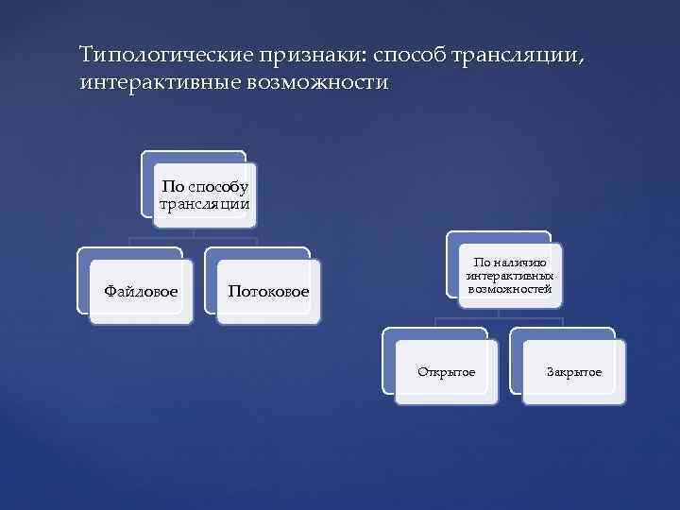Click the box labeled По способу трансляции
(205, 195)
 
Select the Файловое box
(141, 291)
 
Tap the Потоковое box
(268, 291)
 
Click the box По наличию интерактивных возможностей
(510, 274)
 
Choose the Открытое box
(447, 372)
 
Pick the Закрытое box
(573, 372)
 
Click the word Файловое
(141, 291)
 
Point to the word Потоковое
(268, 291)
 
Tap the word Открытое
(447, 372)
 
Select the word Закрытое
(573, 372)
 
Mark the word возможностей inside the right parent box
(510, 287)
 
